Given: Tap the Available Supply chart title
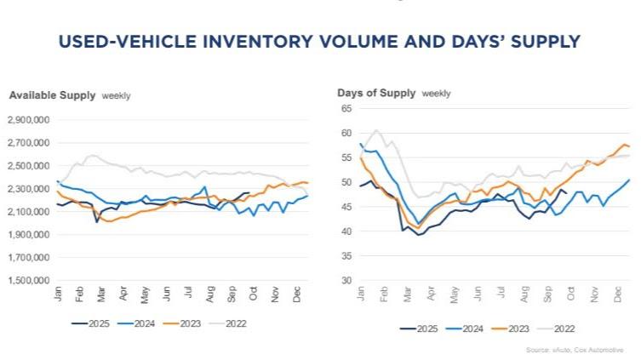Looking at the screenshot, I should tap(51, 95).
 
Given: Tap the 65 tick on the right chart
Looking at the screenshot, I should tap(346, 109).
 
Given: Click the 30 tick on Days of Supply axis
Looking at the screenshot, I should tap(346, 280).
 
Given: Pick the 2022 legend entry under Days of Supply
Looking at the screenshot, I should tap(563, 327).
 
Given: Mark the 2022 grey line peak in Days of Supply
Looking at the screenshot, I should tap(376, 130).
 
